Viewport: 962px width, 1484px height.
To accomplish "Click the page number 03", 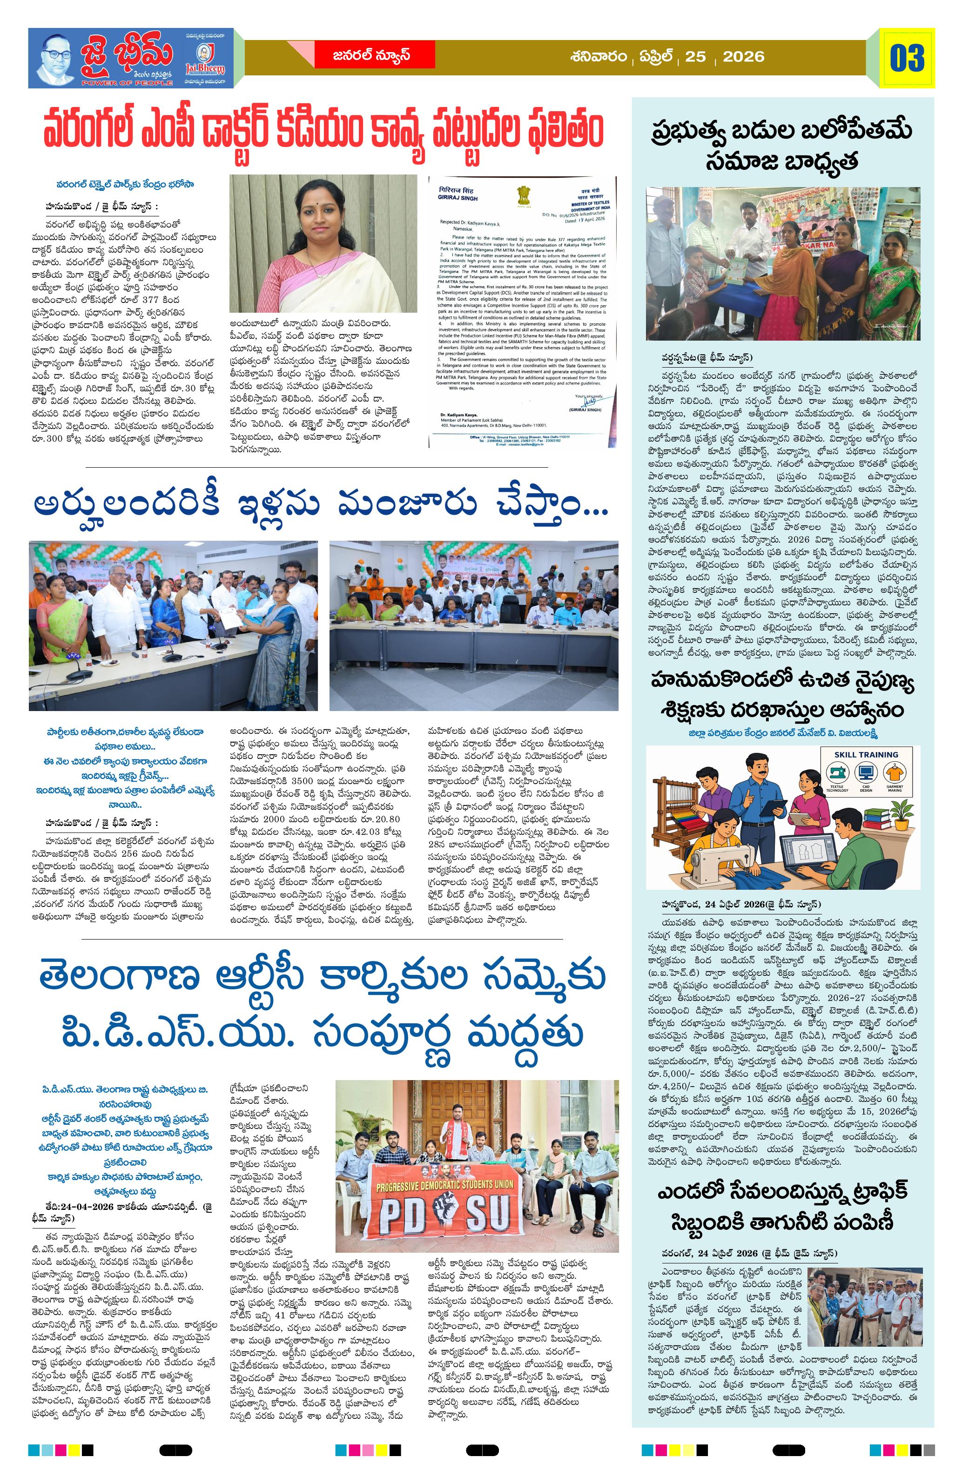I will tap(907, 58).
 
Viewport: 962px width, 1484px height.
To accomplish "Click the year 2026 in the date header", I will tap(743, 57).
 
